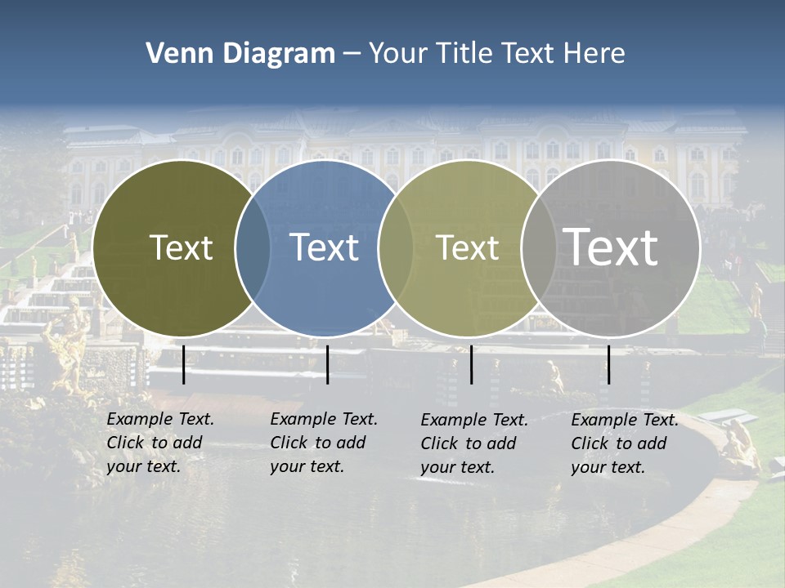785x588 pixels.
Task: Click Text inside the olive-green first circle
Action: coord(182,247)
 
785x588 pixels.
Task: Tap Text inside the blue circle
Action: coord(325,247)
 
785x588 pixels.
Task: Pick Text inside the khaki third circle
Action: coord(468,247)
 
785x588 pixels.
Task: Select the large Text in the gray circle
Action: coord(611,247)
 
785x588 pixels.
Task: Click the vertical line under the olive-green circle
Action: coord(183,364)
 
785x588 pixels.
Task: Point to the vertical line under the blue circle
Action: coord(327,364)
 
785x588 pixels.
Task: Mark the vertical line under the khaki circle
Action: coord(471,364)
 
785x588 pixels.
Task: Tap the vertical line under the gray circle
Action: coord(608,364)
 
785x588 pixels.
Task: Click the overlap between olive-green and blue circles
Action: coord(253,248)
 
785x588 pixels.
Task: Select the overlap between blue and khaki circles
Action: coord(396,248)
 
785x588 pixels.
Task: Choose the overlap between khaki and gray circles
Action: coord(539,248)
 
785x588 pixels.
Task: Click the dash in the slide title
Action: coord(352,55)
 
